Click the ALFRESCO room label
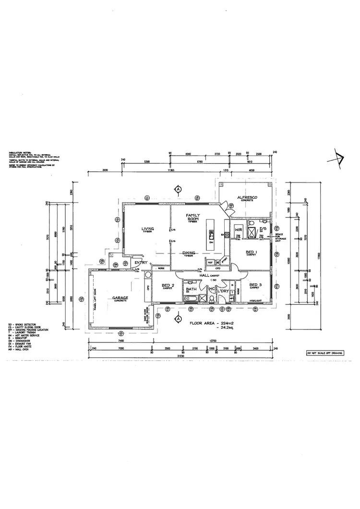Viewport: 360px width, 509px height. (x=249, y=197)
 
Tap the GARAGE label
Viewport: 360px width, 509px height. (x=120, y=298)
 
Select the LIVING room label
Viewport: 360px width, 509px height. (x=147, y=229)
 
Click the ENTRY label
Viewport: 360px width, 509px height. (x=141, y=262)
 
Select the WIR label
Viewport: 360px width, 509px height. (x=237, y=230)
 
